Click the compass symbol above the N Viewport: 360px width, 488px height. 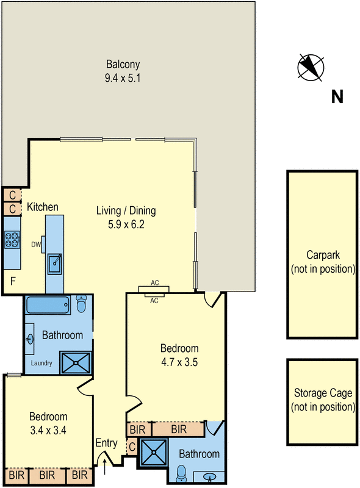pyautogui.click(x=311, y=68)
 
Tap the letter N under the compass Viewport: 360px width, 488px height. pyautogui.click(x=337, y=97)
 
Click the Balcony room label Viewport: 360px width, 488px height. pyautogui.click(x=123, y=64)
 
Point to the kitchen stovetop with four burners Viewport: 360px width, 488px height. pyautogui.click(x=12, y=240)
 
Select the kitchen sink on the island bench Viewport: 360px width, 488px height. pyautogui.click(x=55, y=264)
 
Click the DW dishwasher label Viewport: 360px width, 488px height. pyautogui.click(x=36, y=245)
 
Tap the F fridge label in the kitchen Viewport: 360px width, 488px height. pyautogui.click(x=13, y=281)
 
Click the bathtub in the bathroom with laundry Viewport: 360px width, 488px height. pyautogui.click(x=48, y=304)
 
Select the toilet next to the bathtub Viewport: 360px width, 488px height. pyautogui.click(x=82, y=303)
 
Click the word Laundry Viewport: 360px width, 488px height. pyautogui.click(x=41, y=363)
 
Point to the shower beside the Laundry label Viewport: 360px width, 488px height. pyautogui.click(x=76, y=362)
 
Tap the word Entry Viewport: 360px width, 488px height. pyautogui.click(x=107, y=443)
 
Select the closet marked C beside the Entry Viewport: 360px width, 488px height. pyautogui.click(x=132, y=447)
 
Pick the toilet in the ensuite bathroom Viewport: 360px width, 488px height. pyautogui.click(x=181, y=474)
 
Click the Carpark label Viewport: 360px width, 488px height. pyautogui.click(x=323, y=255)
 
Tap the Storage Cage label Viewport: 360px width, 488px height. pyautogui.click(x=323, y=393)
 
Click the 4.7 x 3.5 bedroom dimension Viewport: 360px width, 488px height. pyautogui.click(x=179, y=362)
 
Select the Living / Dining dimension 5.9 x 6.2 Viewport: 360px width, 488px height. pyautogui.click(x=126, y=224)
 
